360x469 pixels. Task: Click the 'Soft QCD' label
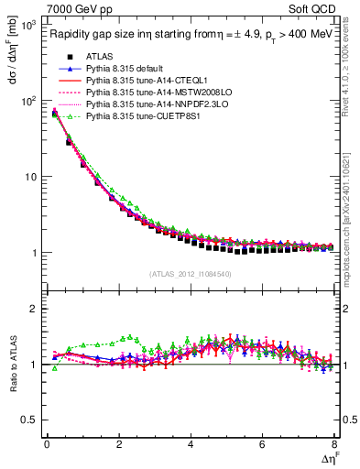coord(315,10)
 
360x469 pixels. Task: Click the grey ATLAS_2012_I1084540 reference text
coord(191,273)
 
